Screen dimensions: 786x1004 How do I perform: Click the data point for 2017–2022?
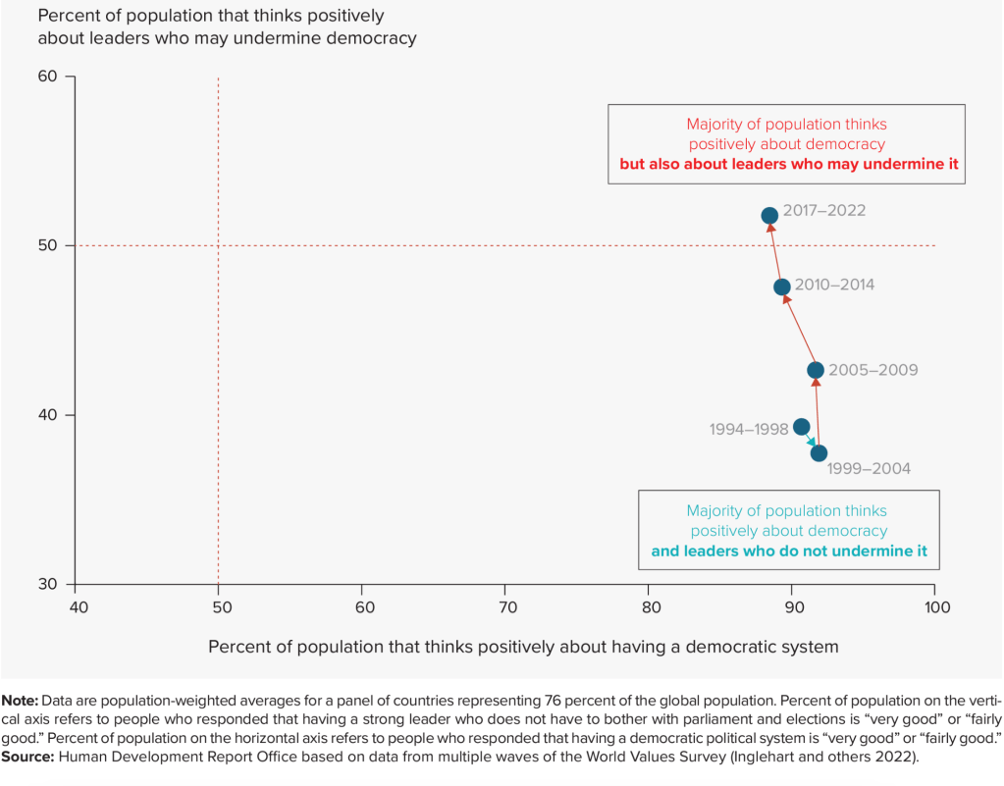pos(769,215)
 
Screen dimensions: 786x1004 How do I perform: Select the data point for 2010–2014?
pos(782,288)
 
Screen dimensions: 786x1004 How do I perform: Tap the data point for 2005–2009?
pos(816,370)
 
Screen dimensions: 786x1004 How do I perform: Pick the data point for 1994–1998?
pos(802,427)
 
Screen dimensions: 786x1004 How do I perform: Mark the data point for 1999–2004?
pos(819,452)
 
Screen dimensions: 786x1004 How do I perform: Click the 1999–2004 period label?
pos(869,469)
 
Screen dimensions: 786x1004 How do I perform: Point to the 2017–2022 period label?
pos(824,210)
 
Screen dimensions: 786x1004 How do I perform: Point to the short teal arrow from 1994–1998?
pos(811,441)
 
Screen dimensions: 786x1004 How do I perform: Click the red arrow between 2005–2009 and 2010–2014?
pos(799,328)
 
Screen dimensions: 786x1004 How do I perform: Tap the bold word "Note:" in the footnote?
pos(20,702)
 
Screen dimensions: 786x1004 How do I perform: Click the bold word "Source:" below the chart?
pos(28,758)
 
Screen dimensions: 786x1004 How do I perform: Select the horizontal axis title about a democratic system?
pos(523,646)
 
